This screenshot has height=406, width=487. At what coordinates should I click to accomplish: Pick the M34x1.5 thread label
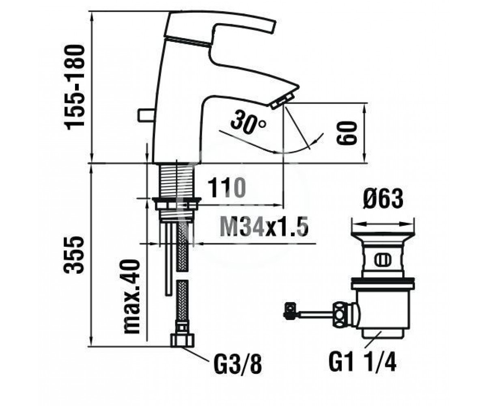(x=264, y=226)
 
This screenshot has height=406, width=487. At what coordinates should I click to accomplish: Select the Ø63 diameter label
(x=383, y=199)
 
